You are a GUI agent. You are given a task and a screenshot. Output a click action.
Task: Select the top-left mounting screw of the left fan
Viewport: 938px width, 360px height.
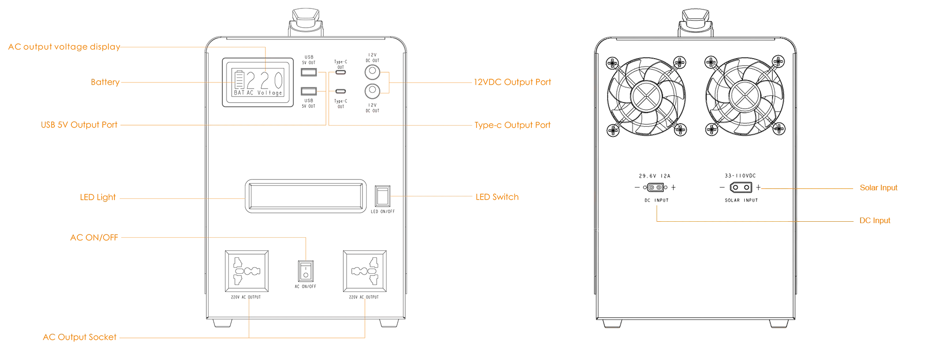[x=611, y=62]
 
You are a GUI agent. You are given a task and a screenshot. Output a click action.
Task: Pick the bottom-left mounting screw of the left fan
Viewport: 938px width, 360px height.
[x=612, y=130]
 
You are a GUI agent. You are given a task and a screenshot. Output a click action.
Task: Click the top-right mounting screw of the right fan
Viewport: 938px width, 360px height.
[x=779, y=62]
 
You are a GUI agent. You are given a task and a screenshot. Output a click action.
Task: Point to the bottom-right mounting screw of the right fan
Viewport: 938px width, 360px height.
[x=779, y=130]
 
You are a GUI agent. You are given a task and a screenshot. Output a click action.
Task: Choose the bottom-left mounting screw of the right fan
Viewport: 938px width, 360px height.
[x=711, y=130]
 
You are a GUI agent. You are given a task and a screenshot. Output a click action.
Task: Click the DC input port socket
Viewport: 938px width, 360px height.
[x=656, y=187]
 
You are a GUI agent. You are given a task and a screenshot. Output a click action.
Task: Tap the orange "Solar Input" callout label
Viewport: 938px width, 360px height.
[x=878, y=188]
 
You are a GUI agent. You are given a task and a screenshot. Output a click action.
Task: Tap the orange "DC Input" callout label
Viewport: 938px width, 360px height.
[x=875, y=221]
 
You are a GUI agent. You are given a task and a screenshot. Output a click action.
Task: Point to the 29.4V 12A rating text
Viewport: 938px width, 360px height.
[x=655, y=176]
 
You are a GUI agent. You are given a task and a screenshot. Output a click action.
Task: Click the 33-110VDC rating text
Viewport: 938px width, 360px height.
[x=741, y=176]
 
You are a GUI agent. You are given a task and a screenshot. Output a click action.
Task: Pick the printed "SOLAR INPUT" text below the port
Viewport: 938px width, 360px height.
[x=741, y=201]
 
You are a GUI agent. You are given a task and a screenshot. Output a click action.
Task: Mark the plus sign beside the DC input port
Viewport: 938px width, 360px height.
[x=674, y=187]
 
